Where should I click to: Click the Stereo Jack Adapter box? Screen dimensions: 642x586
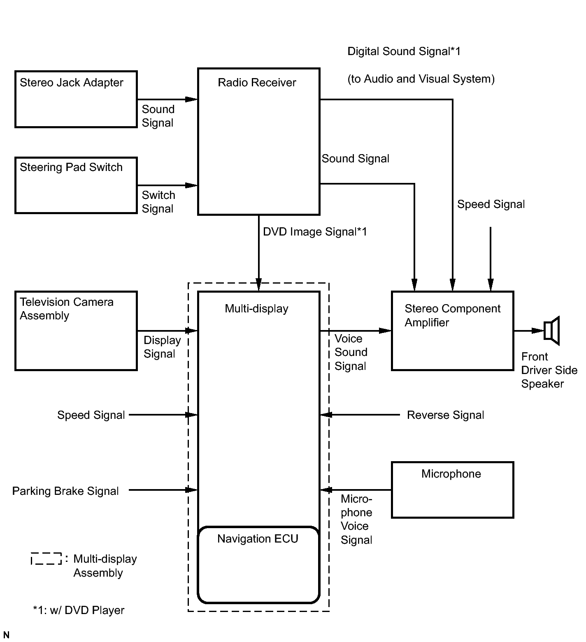click(x=76, y=99)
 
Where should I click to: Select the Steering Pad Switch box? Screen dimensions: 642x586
click(x=76, y=185)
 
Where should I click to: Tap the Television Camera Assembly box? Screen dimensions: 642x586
click(x=76, y=331)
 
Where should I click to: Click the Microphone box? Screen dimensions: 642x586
click(x=452, y=490)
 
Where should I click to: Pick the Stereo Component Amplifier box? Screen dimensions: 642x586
click(x=452, y=331)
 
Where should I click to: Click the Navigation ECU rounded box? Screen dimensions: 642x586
click(x=258, y=565)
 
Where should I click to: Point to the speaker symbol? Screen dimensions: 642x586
click(x=551, y=330)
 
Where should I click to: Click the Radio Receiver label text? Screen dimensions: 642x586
click(x=257, y=83)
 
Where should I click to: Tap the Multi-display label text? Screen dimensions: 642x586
click(x=256, y=309)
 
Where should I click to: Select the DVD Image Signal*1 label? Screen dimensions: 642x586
click(x=315, y=232)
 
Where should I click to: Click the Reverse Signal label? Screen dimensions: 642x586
click(x=445, y=415)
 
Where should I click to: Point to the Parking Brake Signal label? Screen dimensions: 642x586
click(x=65, y=491)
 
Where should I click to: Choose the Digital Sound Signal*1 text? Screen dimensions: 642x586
click(x=404, y=51)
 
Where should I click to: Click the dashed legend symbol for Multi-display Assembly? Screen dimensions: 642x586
click(x=46, y=559)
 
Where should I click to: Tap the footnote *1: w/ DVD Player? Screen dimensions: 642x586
click(x=79, y=610)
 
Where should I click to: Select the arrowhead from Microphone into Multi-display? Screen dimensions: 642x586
click(x=326, y=490)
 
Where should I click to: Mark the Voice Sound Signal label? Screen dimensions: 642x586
click(x=351, y=352)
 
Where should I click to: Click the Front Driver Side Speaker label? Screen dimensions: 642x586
click(x=549, y=370)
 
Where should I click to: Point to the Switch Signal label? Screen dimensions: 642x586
click(x=158, y=202)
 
